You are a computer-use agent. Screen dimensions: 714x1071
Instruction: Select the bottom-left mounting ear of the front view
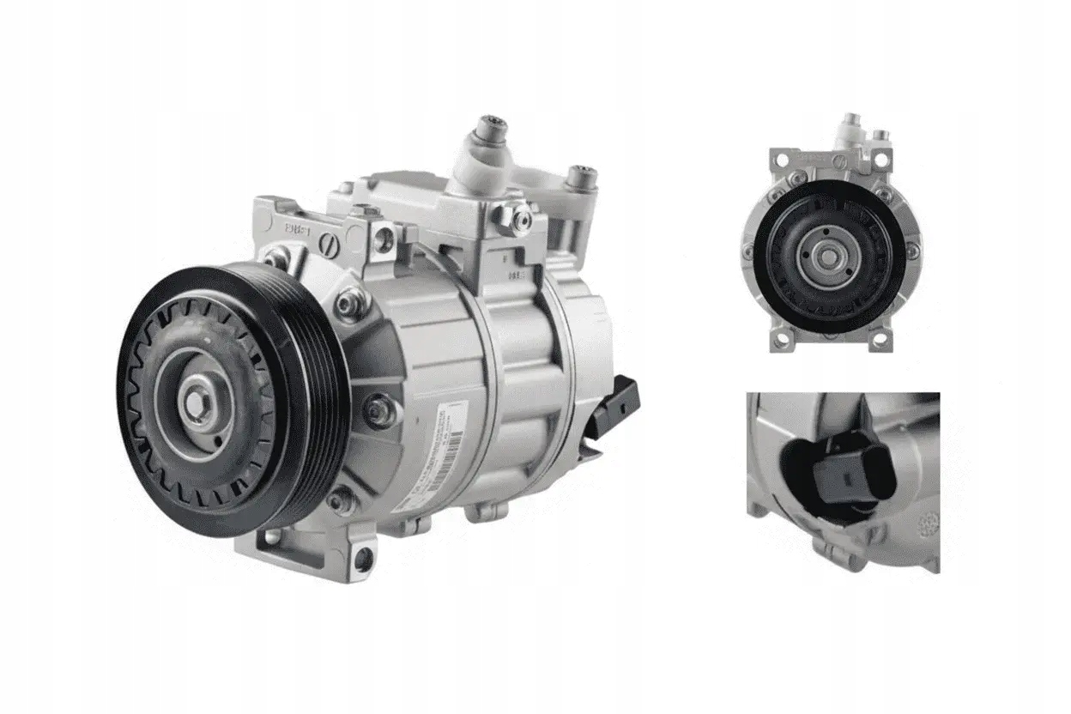(x=782, y=342)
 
